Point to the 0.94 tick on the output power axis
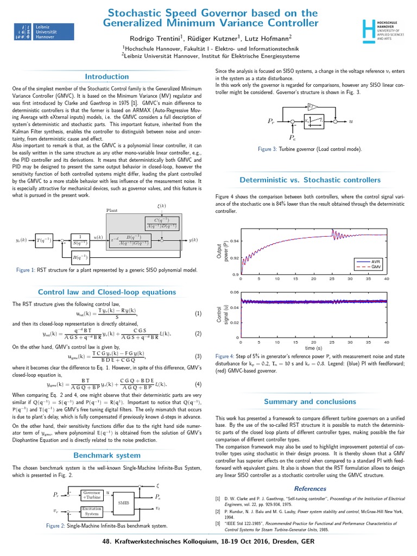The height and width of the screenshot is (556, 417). (x=233, y=241)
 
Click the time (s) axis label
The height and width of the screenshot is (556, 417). (x=314, y=347)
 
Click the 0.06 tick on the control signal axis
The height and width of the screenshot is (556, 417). (x=233, y=292)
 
